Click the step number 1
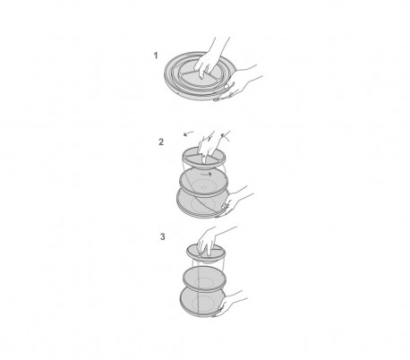[156, 56]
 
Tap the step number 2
[161, 142]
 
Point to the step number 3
[162, 236]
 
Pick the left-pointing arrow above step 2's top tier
[189, 133]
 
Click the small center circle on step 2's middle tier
[204, 187]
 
